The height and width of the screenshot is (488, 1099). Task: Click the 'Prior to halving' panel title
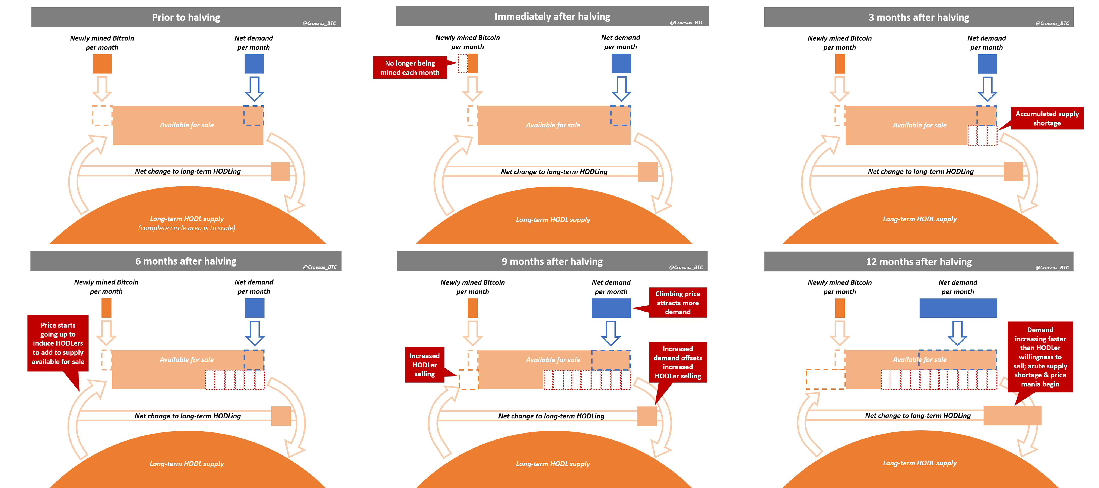tap(186, 17)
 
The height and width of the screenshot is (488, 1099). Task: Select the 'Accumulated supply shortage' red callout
tap(1047, 118)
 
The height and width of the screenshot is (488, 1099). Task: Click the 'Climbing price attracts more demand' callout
tap(678, 303)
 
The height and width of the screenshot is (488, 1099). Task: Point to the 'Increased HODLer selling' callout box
tap(424, 365)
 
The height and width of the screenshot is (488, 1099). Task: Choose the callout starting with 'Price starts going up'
tap(58, 343)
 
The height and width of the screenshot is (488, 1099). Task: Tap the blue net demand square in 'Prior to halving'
tap(254, 64)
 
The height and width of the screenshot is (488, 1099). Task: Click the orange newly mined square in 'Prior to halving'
tap(102, 64)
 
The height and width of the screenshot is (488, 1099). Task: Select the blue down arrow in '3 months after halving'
tap(987, 88)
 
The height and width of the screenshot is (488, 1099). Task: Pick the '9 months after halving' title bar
tap(552, 261)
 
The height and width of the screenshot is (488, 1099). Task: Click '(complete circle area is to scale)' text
tap(186, 228)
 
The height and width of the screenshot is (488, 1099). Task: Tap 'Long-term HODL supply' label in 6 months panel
tap(186, 464)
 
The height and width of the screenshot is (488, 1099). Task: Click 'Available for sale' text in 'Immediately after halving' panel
tap(553, 125)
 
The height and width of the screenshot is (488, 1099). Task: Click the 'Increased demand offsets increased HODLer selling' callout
tap(678, 362)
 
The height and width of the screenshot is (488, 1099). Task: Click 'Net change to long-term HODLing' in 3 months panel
tap(920, 171)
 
